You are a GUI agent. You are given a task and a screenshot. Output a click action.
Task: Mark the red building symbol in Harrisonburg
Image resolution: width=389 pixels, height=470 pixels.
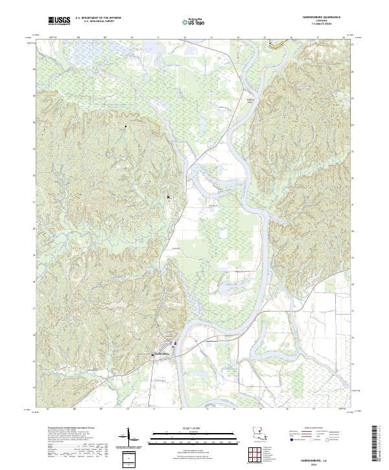tap(174, 344)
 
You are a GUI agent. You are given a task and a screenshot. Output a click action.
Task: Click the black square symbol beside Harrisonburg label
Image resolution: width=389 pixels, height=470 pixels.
tap(154, 354)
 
